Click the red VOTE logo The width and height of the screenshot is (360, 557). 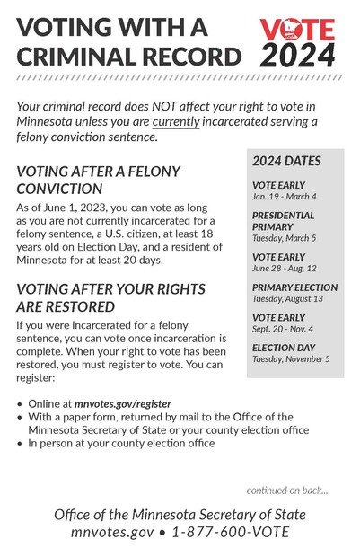click(297, 31)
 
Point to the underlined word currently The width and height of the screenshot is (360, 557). click(176, 122)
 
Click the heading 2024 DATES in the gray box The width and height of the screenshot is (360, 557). click(286, 162)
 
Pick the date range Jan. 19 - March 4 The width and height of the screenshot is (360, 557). click(284, 196)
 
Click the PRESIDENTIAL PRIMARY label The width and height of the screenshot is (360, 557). click(283, 221)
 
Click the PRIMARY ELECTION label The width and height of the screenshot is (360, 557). click(294, 287)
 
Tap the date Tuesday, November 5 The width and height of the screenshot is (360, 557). click(291, 359)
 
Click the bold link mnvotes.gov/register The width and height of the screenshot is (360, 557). click(123, 404)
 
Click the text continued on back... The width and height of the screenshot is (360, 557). click(287, 490)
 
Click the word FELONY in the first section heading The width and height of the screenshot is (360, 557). click(148, 171)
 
